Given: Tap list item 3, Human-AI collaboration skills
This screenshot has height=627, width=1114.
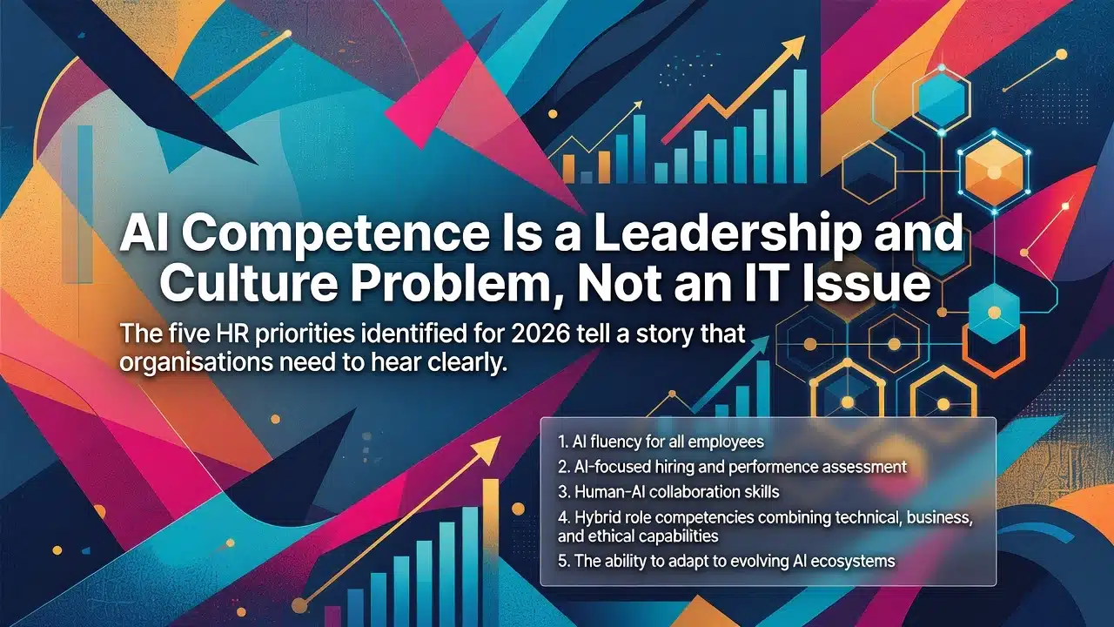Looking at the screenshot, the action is (x=668, y=492).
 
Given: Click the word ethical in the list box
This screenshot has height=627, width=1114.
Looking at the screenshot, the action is (x=614, y=536).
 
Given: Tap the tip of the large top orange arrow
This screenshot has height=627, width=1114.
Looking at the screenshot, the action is (x=804, y=37).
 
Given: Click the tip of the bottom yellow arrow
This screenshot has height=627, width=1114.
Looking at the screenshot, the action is (x=500, y=438).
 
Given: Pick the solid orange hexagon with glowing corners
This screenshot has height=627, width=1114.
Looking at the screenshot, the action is (x=994, y=172).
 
